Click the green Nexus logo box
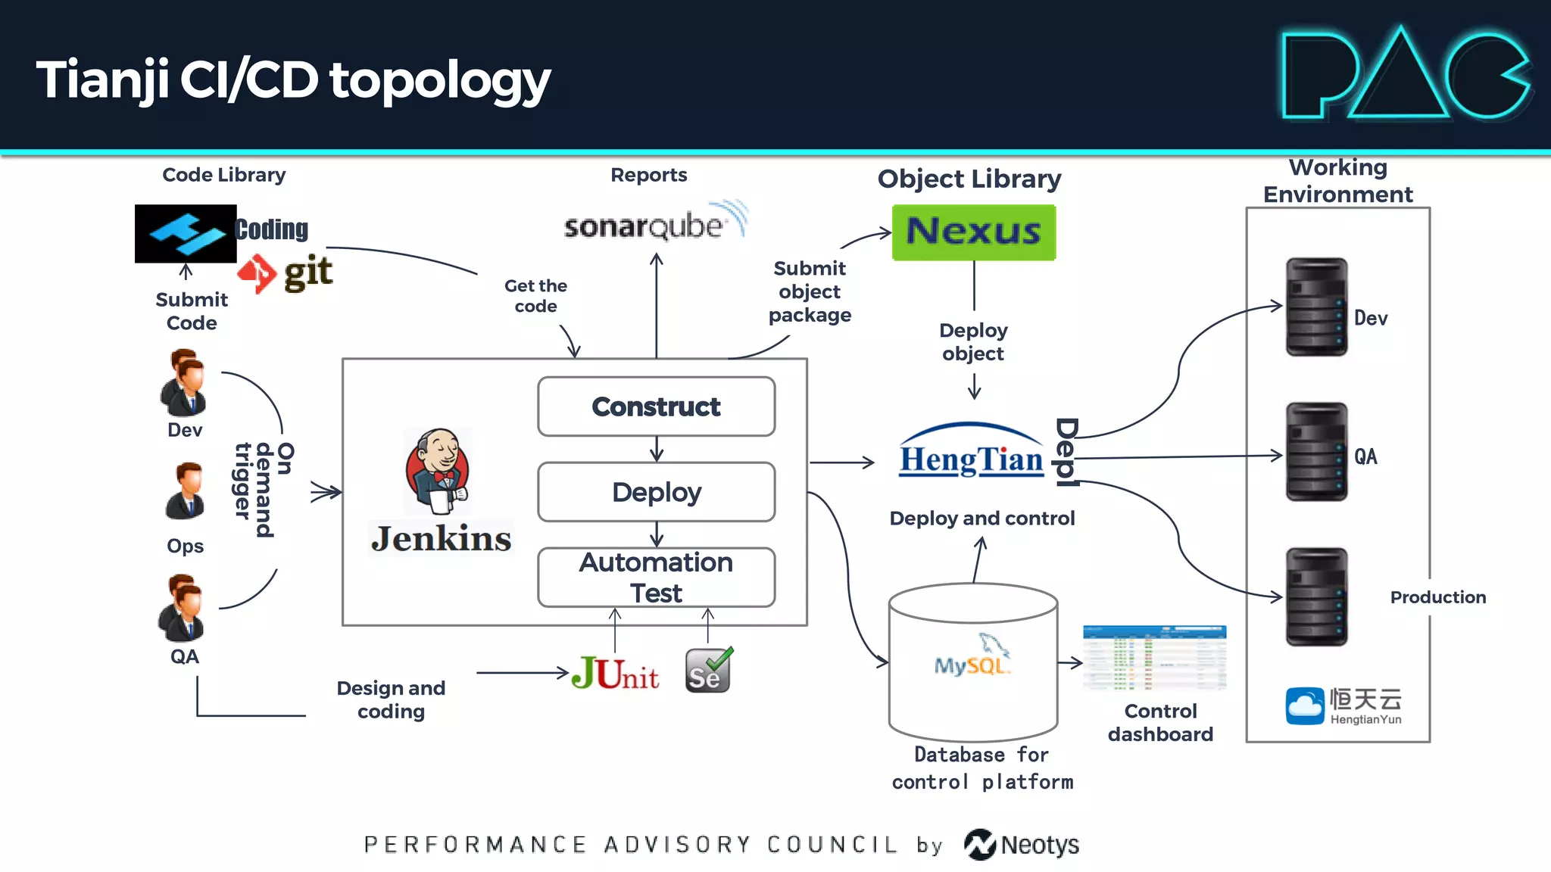[x=973, y=232]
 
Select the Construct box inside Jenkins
[x=656, y=406]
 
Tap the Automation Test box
[x=656, y=578]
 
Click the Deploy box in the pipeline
[x=656, y=492]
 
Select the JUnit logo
[x=615, y=673]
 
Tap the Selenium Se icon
[x=708, y=671]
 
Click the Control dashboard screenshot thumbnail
[x=1154, y=658]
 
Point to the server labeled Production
[x=1316, y=596]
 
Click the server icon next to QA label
[x=1316, y=452]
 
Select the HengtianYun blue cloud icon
[x=1304, y=705]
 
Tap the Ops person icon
[x=186, y=491]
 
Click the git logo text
[x=307, y=272]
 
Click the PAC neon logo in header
[x=1406, y=76]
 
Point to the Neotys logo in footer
[x=1022, y=845]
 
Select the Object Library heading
[x=969, y=179]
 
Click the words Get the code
[x=535, y=296]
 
